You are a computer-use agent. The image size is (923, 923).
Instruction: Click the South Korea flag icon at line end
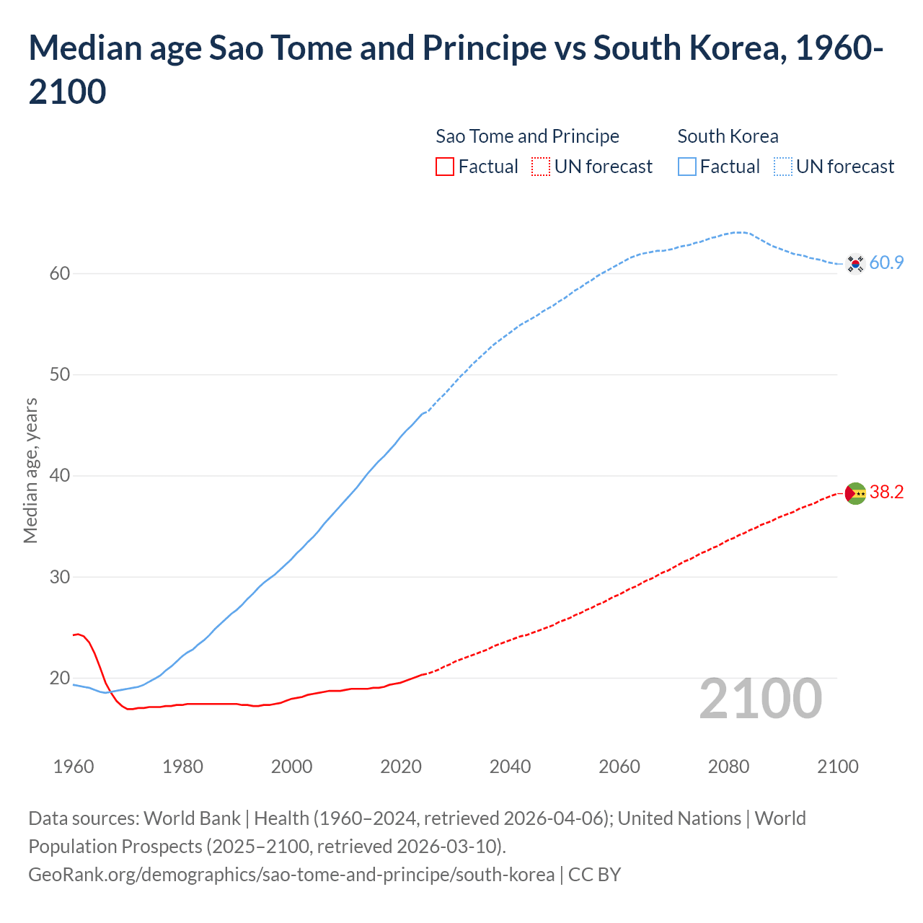tap(855, 263)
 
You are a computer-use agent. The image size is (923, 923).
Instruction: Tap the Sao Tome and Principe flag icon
tap(855, 493)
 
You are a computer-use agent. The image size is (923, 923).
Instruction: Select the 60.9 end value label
tap(886, 263)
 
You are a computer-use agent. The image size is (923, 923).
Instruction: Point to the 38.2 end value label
tap(886, 493)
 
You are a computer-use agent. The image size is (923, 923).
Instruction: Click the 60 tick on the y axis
tap(60, 273)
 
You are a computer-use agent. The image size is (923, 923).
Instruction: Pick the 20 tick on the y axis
tap(60, 678)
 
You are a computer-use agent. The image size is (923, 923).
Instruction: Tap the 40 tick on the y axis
tap(60, 476)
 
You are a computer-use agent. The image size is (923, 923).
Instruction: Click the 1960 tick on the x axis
tap(74, 767)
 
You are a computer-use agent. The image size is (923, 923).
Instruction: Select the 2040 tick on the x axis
tap(510, 767)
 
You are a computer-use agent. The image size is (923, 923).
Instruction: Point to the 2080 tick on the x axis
tap(728, 767)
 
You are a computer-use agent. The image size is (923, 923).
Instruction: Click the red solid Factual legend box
tap(445, 167)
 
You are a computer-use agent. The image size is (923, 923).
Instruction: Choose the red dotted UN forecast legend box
tap(540, 167)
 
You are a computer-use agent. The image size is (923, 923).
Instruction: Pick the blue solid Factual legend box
tap(687, 167)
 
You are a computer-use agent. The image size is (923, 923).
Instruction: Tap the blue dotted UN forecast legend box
tap(782, 167)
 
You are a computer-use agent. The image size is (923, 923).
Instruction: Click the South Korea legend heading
tap(728, 136)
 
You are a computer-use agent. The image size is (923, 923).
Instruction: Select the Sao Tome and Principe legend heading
tap(527, 136)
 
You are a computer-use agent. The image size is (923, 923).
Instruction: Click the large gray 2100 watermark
tap(760, 699)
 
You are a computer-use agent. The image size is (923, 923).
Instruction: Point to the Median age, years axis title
tap(30, 470)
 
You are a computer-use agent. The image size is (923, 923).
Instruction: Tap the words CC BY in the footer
tap(594, 875)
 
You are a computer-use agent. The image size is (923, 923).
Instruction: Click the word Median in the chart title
tap(85, 48)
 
